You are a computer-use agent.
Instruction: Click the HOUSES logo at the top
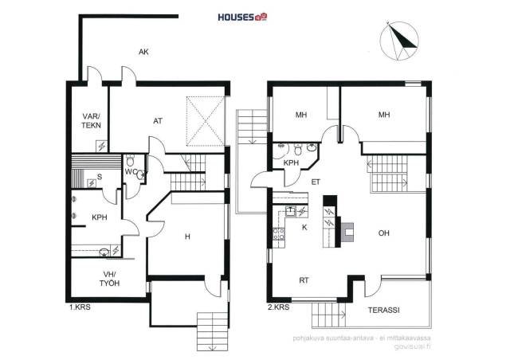coord(242,17)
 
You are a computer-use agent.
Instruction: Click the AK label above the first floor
coord(143,52)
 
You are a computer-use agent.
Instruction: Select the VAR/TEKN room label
coord(92,121)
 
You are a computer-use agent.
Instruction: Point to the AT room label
coord(158,121)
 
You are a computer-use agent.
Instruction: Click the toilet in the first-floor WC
coord(130,160)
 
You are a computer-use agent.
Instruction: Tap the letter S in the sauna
coord(100,177)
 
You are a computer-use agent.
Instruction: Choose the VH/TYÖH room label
coord(109,279)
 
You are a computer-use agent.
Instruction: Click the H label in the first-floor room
coord(187,237)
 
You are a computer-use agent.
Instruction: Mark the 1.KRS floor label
coord(80,307)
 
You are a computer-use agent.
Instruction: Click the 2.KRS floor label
coord(278,307)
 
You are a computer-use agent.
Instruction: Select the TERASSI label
coord(384,310)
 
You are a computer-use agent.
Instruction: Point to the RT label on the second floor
coord(304,280)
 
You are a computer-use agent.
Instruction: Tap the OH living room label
coord(384,233)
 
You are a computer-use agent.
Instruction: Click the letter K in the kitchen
coord(304,227)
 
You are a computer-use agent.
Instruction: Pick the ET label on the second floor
coord(316,182)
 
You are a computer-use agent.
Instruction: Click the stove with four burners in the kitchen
coord(279,234)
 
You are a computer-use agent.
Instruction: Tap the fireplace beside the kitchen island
coord(347,233)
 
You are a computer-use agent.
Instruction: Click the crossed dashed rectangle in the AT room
coord(206,121)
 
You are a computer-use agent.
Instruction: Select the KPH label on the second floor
coord(291,162)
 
